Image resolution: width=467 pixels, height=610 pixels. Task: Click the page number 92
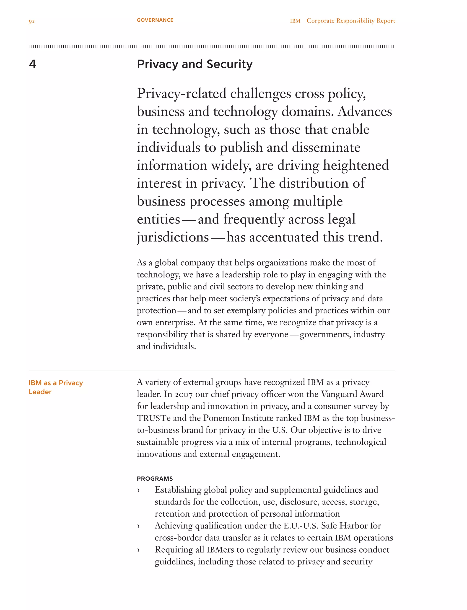tap(32, 21)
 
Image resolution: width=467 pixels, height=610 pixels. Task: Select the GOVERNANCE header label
tap(155, 20)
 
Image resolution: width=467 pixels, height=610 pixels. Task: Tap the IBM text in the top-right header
tap(295, 21)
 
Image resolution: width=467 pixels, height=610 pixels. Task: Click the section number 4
tap(33, 64)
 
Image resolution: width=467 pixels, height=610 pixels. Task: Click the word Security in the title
tap(229, 64)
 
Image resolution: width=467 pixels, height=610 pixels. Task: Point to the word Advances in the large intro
tap(365, 112)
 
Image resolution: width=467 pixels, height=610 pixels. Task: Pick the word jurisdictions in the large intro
tap(173, 237)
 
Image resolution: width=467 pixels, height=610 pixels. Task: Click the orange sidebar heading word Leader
tap(40, 392)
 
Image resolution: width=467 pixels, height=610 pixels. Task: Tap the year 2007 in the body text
tap(184, 395)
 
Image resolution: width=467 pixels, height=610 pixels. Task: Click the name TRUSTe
tap(153, 418)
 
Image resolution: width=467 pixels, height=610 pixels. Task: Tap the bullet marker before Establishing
tap(138, 491)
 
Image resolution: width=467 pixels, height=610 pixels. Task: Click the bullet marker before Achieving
tap(138, 526)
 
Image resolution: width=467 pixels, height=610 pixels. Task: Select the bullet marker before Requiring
tap(138, 550)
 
